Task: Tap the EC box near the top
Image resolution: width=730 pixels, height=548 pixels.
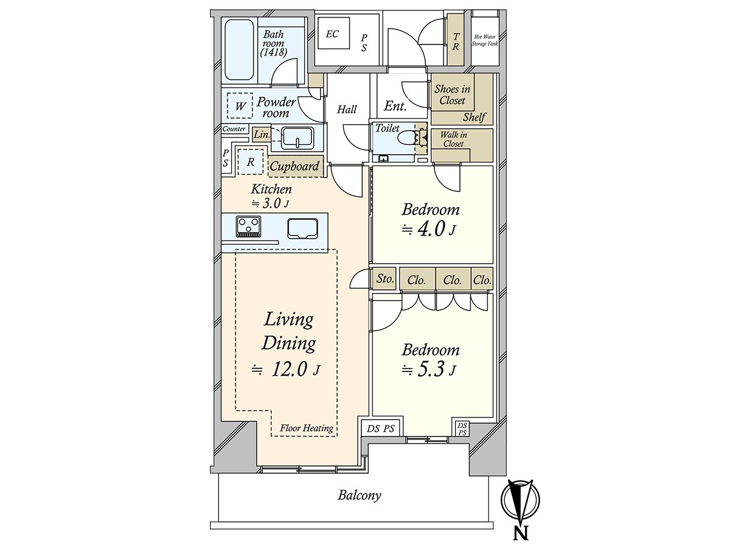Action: (x=332, y=34)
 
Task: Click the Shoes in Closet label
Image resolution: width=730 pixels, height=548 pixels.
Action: (x=452, y=95)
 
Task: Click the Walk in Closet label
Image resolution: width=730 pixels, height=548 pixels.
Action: (x=453, y=139)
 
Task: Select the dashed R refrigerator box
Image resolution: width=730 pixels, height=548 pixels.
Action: (x=250, y=162)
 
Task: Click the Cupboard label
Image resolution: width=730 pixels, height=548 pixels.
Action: (x=294, y=166)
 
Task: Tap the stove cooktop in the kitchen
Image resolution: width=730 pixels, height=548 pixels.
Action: (x=248, y=226)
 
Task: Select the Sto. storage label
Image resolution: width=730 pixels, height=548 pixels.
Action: (x=384, y=279)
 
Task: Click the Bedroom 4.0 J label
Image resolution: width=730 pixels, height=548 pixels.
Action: (x=431, y=219)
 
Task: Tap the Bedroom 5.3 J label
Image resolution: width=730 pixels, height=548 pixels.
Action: (x=431, y=359)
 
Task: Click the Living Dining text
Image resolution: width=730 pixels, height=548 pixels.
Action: (x=288, y=331)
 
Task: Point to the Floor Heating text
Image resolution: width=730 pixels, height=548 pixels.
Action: (x=307, y=428)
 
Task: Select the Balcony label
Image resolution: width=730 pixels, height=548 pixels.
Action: (x=360, y=495)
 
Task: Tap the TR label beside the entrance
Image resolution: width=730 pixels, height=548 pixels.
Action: (x=456, y=40)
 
